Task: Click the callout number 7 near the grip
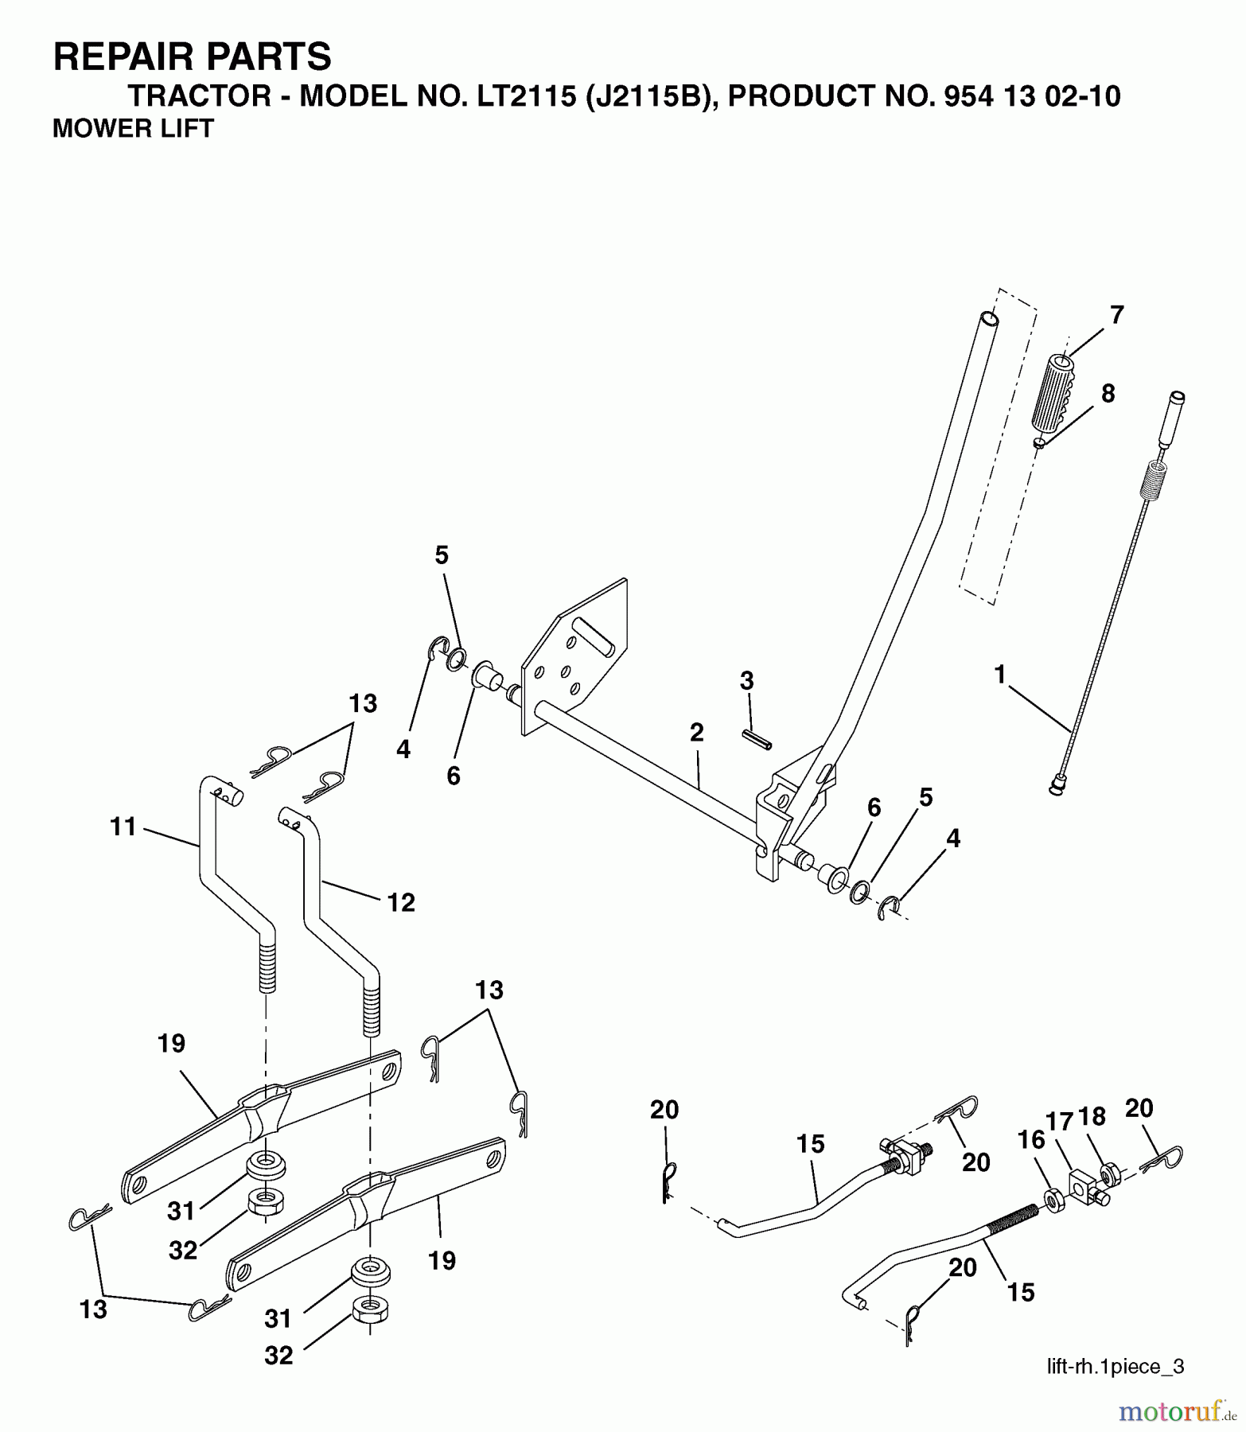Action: point(1116,315)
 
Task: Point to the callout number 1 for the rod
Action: point(999,675)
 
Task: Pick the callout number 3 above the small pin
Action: point(746,681)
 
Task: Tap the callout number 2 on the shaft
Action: point(696,733)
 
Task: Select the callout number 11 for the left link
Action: point(123,827)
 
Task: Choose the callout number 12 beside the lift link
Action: point(401,902)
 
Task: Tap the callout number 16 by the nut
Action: point(1031,1139)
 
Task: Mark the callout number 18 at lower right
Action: point(1092,1117)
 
